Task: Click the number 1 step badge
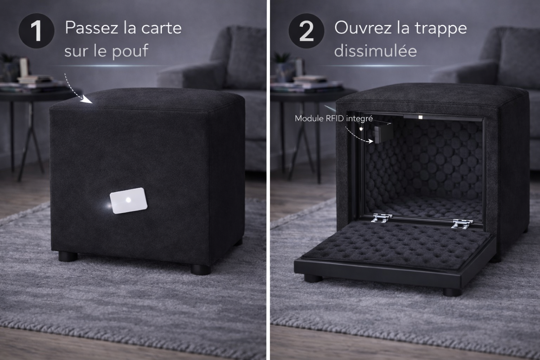(36, 31)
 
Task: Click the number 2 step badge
(306, 31)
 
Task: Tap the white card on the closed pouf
(129, 201)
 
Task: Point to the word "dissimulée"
(375, 51)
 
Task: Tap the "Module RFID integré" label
(334, 118)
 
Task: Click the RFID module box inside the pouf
(383, 133)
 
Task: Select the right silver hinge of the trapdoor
(462, 224)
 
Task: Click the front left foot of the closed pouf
(68, 257)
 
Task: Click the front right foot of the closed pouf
(201, 270)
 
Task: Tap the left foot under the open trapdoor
(313, 279)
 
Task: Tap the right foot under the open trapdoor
(452, 292)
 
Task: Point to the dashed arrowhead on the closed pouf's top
(87, 99)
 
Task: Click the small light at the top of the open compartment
(420, 117)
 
